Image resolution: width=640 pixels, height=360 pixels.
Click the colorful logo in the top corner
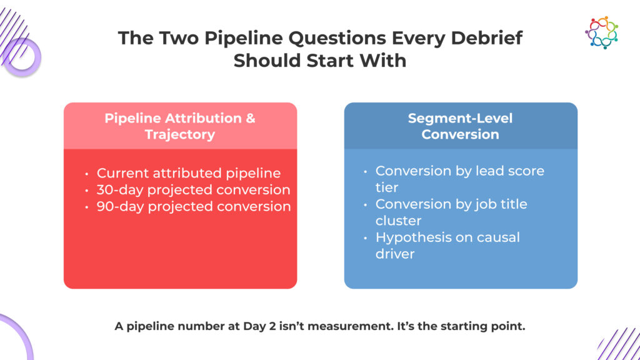(x=601, y=32)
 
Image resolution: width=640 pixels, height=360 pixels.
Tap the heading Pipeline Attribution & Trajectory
(x=180, y=126)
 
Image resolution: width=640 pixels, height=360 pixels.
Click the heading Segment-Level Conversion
(x=461, y=126)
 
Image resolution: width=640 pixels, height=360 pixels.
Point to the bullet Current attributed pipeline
(x=189, y=173)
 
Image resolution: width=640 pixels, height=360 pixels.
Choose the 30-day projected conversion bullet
(x=194, y=190)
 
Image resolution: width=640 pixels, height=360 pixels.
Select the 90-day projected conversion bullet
(x=194, y=206)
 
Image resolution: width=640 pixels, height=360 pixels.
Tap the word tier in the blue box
(x=386, y=187)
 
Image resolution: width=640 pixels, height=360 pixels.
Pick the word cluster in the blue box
(x=398, y=221)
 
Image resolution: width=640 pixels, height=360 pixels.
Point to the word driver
(x=395, y=254)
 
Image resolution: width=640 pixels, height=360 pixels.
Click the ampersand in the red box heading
(x=251, y=118)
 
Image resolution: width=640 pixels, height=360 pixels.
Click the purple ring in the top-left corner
(x=22, y=57)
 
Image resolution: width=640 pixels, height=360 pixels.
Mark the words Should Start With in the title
(x=320, y=61)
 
